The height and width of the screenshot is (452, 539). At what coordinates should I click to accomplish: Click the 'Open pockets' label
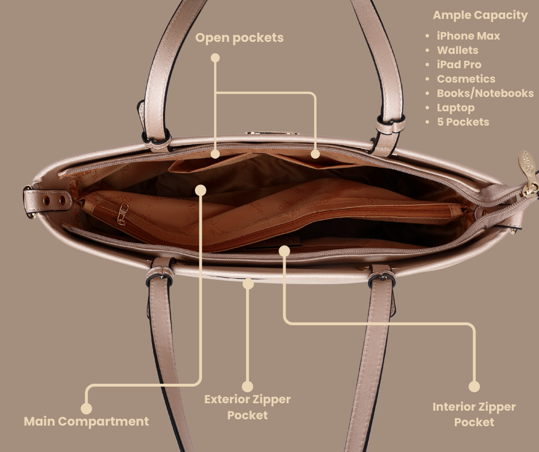239,38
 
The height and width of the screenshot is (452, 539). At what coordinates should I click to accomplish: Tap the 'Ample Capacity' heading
480,15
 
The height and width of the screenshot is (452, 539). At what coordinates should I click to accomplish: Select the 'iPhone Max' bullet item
468,36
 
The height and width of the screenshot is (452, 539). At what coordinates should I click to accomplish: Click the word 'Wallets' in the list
458,50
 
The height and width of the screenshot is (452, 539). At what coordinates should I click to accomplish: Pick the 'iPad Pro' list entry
459,65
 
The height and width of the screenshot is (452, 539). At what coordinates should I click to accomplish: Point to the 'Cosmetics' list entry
466,79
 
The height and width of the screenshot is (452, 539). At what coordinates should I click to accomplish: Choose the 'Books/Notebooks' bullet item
485,93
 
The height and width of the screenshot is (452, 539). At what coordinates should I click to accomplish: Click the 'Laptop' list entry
455,108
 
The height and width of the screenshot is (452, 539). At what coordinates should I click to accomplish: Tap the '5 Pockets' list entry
463,122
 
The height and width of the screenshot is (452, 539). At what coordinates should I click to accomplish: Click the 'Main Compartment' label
86,422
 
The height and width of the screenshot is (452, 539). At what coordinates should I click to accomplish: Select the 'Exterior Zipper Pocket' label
248,407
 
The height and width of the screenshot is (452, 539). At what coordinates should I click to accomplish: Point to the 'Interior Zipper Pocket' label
474,415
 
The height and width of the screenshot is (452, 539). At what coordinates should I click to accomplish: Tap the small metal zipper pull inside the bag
122,214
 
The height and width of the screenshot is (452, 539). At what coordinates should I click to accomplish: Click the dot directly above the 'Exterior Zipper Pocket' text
248,387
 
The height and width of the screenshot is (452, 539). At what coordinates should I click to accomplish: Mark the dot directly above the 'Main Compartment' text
86,408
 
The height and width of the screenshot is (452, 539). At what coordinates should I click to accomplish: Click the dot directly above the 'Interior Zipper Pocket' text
474,387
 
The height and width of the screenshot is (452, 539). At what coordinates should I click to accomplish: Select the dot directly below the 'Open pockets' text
215,58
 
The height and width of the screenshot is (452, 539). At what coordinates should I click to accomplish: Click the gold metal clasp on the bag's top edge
272,133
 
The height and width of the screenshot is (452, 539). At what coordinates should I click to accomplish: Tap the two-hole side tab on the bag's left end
48,201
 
